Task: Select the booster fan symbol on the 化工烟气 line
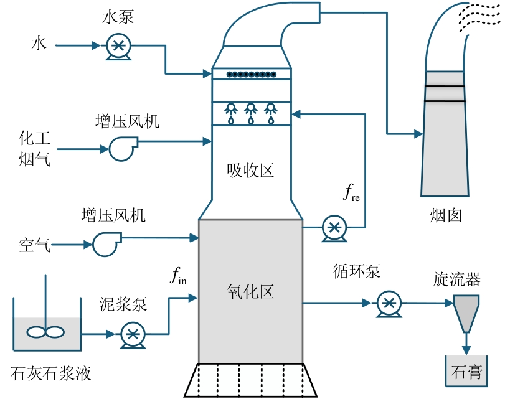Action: [121, 148]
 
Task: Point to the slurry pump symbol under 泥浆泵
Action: [132, 334]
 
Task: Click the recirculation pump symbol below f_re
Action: [335, 228]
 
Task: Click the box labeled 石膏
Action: [465, 372]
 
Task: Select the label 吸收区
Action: [250, 170]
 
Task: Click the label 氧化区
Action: [250, 291]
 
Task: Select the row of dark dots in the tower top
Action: [251, 75]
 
